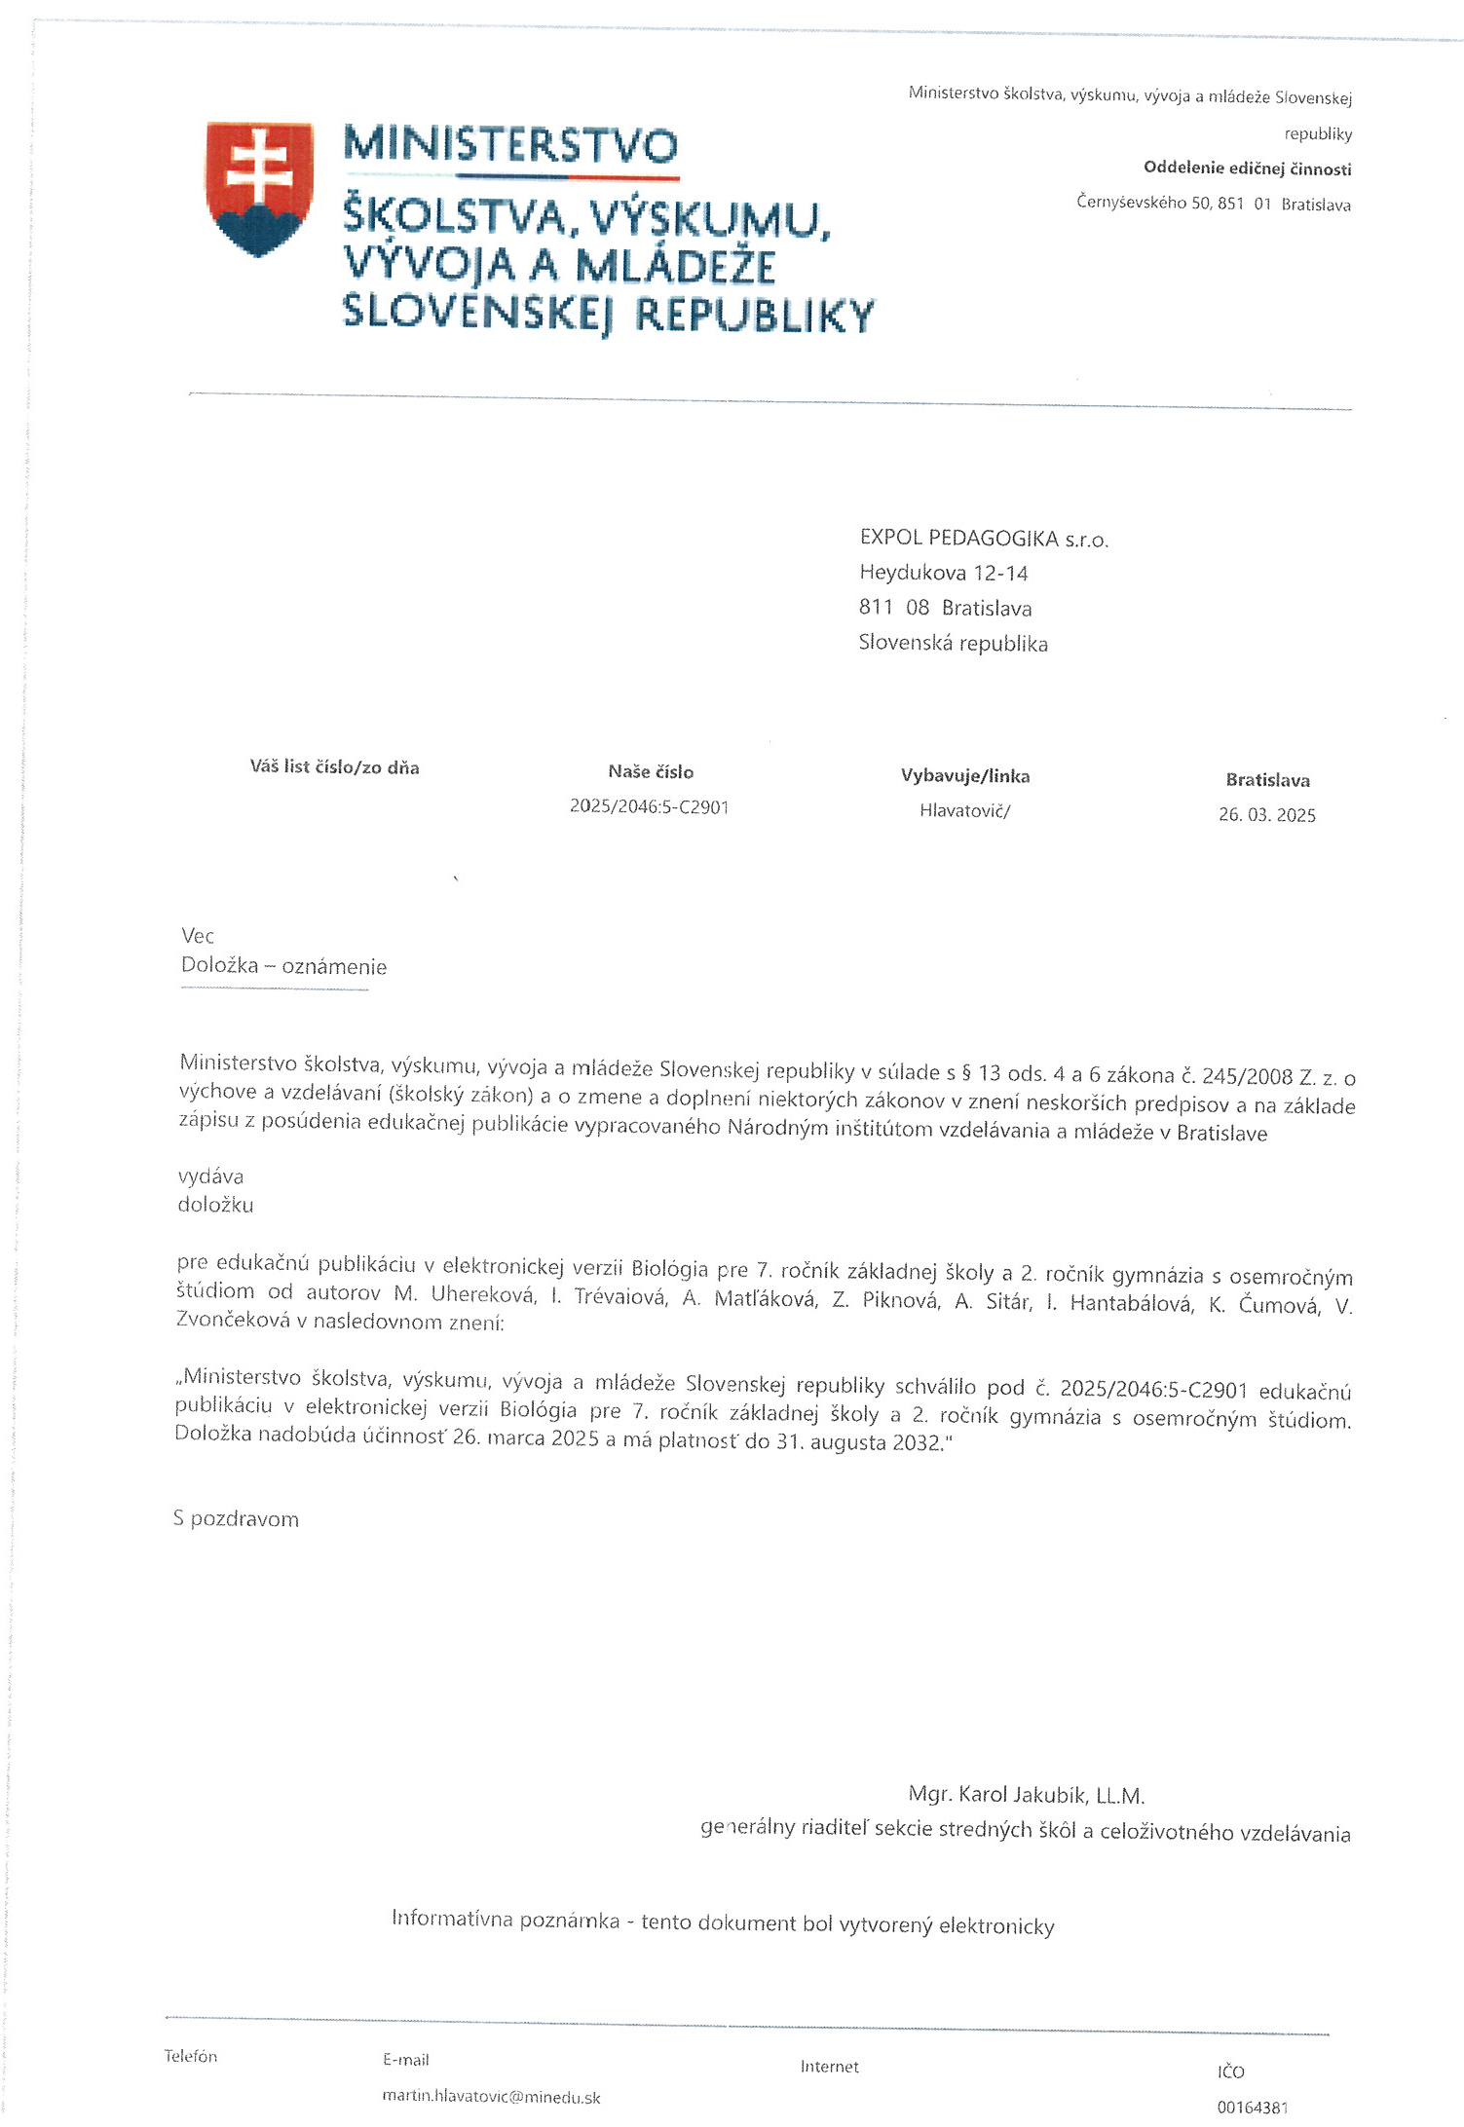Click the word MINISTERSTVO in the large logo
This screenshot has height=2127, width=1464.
point(510,145)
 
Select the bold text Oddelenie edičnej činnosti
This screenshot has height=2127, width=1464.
point(1247,168)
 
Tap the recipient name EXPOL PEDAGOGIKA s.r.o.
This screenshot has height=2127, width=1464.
point(984,539)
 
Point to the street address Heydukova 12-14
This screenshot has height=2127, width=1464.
point(943,573)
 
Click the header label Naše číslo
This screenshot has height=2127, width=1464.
point(651,772)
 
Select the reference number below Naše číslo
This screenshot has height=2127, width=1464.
point(649,807)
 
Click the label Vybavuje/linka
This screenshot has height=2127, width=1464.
point(965,776)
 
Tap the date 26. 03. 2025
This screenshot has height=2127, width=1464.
point(1266,815)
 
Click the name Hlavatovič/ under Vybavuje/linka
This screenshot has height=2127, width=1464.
point(964,810)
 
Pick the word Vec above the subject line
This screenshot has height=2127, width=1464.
point(198,936)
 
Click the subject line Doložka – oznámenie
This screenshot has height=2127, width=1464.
point(283,966)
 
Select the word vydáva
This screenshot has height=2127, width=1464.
point(210,1176)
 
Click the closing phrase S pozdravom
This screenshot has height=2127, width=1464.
point(236,1519)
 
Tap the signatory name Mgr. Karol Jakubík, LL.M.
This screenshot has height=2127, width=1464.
point(1026,1795)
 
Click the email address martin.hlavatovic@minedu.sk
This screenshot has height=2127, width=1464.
point(491,2097)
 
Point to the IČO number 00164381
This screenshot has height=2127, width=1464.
point(1252,2108)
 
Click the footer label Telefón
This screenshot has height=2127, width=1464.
point(191,2056)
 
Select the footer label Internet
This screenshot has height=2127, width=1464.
point(829,2067)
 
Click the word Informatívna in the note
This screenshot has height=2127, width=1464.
point(451,1918)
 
